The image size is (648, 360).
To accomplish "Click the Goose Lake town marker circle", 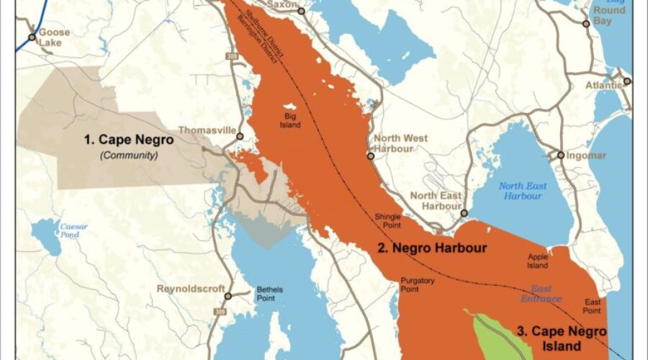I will point(32,37).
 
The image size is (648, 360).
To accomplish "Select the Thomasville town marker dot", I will point(240,136).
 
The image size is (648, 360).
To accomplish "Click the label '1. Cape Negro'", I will point(129,140).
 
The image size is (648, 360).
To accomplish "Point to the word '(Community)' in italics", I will point(129,155).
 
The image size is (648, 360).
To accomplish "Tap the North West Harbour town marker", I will point(371,156).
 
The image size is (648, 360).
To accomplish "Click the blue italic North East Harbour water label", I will point(523,191).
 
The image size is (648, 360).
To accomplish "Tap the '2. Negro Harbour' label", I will point(433,248).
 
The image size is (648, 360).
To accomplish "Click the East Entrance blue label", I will point(541,294).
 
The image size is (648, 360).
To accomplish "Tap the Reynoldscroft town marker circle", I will point(228,296).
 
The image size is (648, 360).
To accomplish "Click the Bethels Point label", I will point(271,294).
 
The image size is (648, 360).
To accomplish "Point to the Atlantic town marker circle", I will point(627,81).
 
